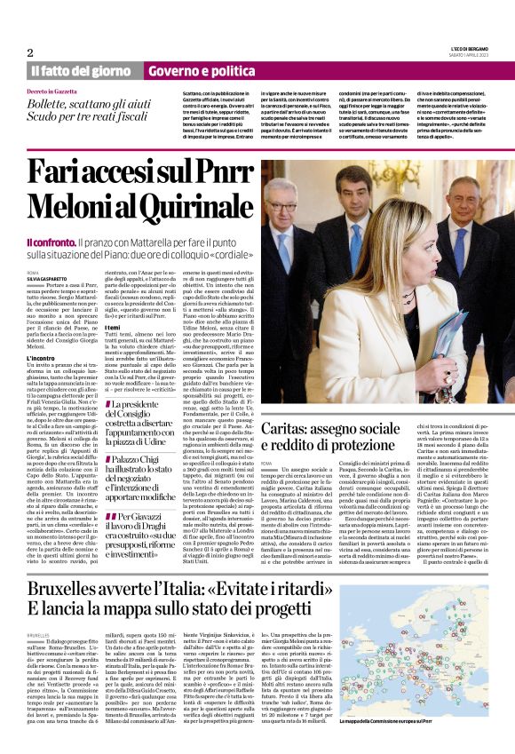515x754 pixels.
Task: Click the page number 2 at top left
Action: click(x=30, y=52)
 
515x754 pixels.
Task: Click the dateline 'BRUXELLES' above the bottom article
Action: click(x=39, y=636)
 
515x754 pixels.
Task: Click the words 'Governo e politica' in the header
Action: click(x=183, y=70)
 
